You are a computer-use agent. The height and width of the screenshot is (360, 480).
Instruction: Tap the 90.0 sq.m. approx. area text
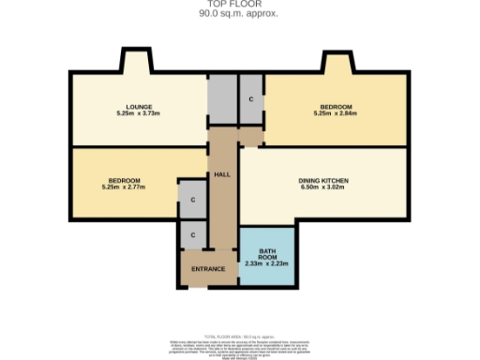click(x=239, y=14)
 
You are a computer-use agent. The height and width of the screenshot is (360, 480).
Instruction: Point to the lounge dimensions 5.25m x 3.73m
click(x=139, y=113)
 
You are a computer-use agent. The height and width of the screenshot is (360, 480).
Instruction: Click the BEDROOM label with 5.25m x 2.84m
click(x=335, y=107)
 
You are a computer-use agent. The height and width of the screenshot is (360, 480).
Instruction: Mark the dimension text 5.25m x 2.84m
click(x=335, y=113)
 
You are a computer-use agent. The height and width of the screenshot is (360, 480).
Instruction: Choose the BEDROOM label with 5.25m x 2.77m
click(x=124, y=180)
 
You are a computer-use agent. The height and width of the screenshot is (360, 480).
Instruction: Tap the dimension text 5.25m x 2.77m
click(x=124, y=187)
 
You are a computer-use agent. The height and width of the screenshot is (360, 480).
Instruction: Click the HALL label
click(x=222, y=174)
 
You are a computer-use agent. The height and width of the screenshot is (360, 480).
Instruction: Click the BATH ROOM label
click(x=266, y=254)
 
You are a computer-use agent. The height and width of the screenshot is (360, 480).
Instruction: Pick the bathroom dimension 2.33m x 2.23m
click(x=266, y=264)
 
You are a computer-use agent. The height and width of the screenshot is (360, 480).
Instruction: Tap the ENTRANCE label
click(x=208, y=270)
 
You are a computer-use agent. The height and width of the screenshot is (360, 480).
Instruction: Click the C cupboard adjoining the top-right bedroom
click(x=251, y=98)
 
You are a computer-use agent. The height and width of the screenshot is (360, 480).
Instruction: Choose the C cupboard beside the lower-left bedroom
click(x=192, y=199)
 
